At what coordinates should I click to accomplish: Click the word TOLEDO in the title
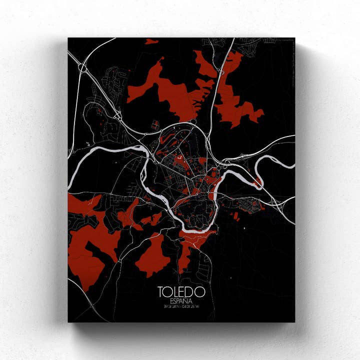point(181,291)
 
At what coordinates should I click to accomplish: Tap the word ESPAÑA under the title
point(180,300)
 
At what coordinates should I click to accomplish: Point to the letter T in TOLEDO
point(161,291)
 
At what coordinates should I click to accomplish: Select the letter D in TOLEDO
point(190,291)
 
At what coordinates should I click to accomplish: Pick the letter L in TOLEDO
point(175,291)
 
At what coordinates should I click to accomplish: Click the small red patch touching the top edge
point(151,41)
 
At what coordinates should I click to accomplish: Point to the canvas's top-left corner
point(68,38)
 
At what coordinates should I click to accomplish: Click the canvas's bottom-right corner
point(294,322)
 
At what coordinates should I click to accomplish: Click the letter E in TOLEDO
point(183,291)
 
